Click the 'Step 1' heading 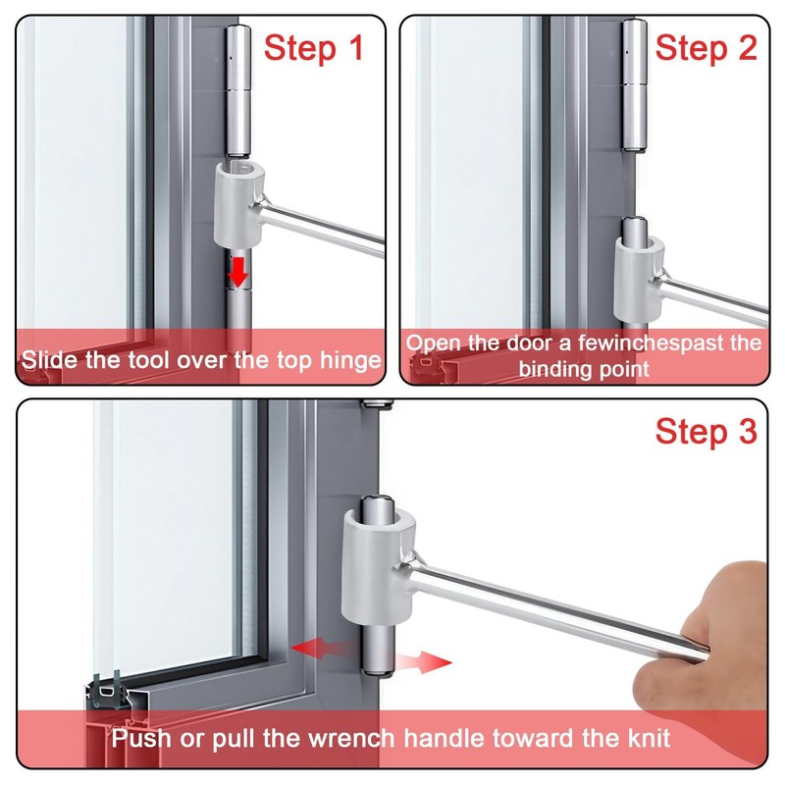pyautogui.click(x=314, y=46)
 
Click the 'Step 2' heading pyautogui.click(x=706, y=46)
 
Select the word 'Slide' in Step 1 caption pyautogui.click(x=46, y=360)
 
